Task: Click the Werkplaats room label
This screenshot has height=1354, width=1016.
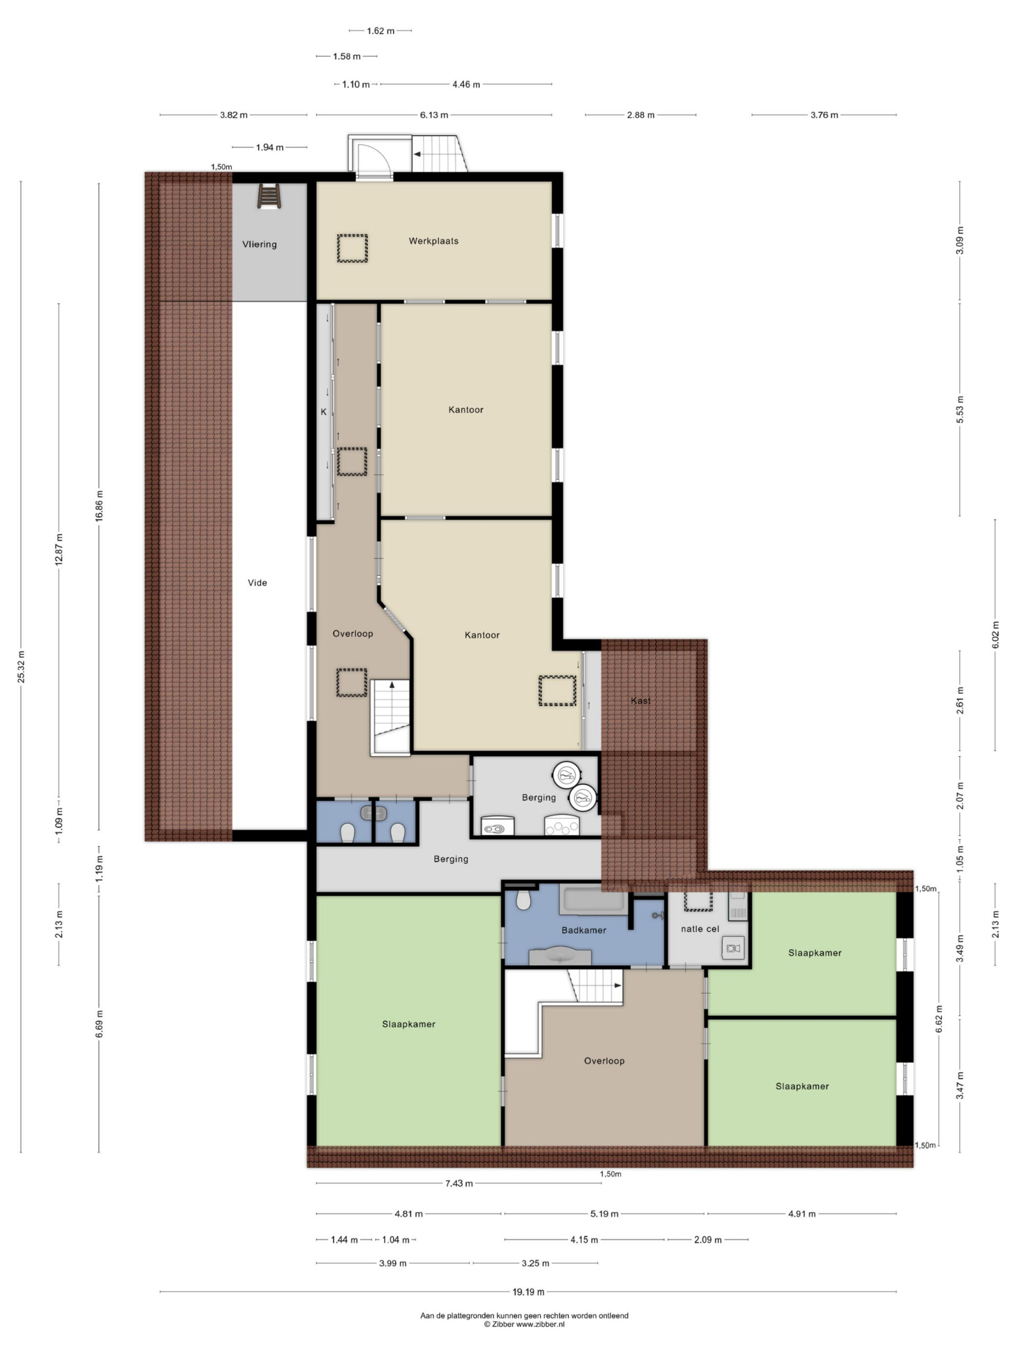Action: pyautogui.click(x=433, y=241)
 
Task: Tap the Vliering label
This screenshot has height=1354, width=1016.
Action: pyautogui.click(x=259, y=244)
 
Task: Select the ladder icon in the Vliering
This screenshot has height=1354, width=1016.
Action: pyautogui.click(x=269, y=197)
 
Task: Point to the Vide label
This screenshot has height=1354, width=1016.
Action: pyautogui.click(x=257, y=583)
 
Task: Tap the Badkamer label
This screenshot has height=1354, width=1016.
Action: pyautogui.click(x=584, y=930)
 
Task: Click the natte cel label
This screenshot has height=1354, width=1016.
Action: pyautogui.click(x=700, y=929)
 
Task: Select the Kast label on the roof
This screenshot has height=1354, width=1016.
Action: pyautogui.click(x=641, y=701)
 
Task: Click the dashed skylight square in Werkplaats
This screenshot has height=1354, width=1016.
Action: pyautogui.click(x=352, y=249)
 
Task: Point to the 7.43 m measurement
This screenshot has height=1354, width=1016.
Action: pyautogui.click(x=459, y=1183)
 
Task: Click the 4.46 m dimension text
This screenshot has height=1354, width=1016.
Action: pyautogui.click(x=466, y=85)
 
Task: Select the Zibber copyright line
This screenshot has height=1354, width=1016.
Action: pyautogui.click(x=524, y=1324)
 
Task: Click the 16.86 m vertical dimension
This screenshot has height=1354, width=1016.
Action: pyautogui.click(x=99, y=506)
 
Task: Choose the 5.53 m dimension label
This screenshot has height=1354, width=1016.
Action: pyautogui.click(x=960, y=409)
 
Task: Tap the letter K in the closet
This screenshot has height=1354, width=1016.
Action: pyautogui.click(x=324, y=412)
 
